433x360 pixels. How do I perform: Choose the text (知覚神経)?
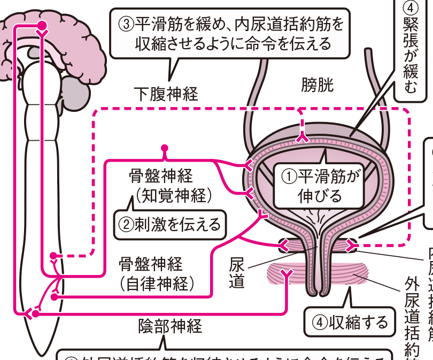coord(170,195)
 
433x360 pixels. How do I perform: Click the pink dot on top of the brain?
coord(43,25)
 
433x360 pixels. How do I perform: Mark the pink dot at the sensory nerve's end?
coord(165,147)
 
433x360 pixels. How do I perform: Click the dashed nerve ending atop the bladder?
coord(302,138)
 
